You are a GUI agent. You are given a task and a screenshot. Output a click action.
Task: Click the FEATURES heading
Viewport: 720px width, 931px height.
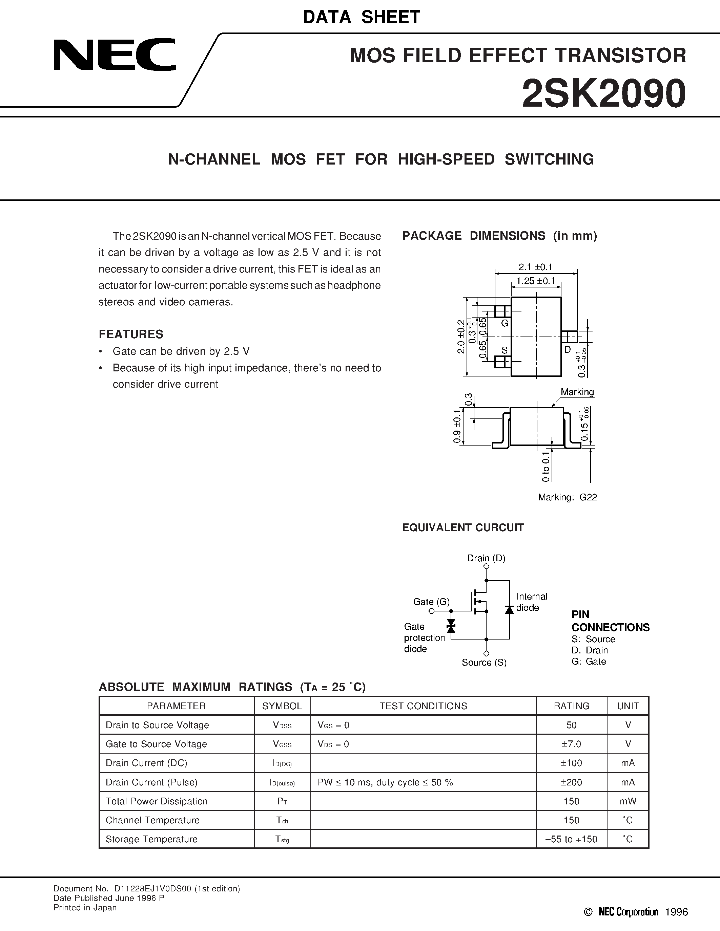131,334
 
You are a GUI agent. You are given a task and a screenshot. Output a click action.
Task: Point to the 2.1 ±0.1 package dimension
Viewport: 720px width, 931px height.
535,267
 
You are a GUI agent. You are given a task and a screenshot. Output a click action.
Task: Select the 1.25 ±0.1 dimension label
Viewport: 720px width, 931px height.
535,281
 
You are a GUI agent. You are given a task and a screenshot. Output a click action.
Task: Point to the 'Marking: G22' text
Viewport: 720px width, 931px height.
567,497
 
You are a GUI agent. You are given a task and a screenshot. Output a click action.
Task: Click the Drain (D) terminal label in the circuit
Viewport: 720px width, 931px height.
486,558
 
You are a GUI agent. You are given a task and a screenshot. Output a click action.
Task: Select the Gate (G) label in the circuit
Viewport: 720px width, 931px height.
431,602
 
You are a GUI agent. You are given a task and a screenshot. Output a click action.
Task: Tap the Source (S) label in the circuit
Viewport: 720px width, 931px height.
484,663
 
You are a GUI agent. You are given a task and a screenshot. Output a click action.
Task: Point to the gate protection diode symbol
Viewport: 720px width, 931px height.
451,626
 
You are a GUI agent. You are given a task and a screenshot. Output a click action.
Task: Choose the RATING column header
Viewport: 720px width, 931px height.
571,706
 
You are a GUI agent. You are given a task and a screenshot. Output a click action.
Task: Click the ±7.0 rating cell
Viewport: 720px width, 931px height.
571,744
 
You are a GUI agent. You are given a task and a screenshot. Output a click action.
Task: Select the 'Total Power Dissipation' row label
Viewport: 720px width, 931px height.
157,801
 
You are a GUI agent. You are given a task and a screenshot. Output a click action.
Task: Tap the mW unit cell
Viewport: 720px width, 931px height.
628,801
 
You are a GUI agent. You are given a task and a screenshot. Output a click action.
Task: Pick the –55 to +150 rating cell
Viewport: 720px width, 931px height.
571,839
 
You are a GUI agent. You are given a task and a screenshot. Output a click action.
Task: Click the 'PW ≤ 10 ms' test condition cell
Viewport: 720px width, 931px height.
385,782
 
